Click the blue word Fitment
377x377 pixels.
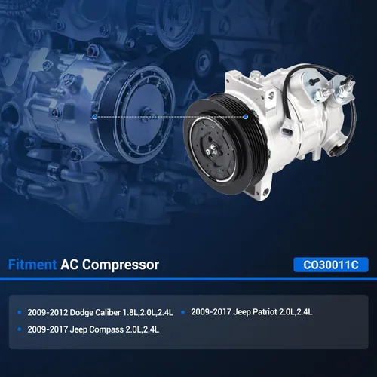(32, 265)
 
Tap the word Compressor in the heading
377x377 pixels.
(121, 265)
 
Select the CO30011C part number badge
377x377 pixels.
(331, 265)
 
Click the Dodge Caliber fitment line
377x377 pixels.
(100, 312)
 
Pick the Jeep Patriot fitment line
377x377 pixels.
(252, 312)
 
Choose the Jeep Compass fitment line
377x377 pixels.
(93, 329)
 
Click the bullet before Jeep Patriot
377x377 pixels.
(182, 312)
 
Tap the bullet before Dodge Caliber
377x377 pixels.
(20, 312)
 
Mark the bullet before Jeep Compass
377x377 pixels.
(20, 329)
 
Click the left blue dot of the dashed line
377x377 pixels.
(95, 117)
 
